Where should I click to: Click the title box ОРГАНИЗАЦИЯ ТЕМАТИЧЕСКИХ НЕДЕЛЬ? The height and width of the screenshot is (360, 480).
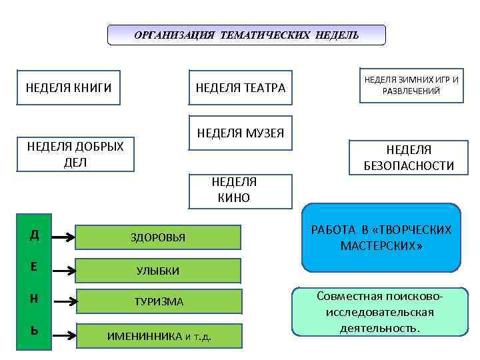pyautogui.click(x=246, y=35)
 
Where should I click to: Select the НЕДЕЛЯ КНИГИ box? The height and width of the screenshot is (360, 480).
pyautogui.click(x=69, y=87)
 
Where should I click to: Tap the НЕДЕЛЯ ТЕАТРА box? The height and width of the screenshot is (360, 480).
pyautogui.click(x=241, y=88)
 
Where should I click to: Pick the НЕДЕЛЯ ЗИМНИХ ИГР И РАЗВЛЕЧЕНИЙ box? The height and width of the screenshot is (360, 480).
pyautogui.click(x=411, y=85)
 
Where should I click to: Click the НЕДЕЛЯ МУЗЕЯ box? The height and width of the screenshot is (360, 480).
pyautogui.click(x=241, y=133)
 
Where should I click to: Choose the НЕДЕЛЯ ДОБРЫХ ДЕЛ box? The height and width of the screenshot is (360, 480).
pyautogui.click(x=75, y=155)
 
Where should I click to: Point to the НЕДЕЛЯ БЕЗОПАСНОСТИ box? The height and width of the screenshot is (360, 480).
pyautogui.click(x=409, y=158)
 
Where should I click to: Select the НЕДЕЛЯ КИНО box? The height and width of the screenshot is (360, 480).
pyautogui.click(x=241, y=190)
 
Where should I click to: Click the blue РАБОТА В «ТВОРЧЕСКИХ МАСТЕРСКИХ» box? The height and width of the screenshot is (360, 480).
pyautogui.click(x=381, y=238)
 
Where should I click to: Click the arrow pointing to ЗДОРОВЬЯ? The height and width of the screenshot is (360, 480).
pyautogui.click(x=63, y=237)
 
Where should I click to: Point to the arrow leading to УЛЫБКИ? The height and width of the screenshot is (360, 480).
pyautogui.click(x=63, y=271)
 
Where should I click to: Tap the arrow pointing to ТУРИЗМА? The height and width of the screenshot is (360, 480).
pyautogui.click(x=63, y=302)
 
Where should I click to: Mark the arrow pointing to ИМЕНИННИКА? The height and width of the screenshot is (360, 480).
pyautogui.click(x=63, y=335)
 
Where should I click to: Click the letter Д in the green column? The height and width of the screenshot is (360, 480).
pyautogui.click(x=33, y=235)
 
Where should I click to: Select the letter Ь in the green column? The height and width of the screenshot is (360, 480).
pyautogui.click(x=33, y=331)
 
